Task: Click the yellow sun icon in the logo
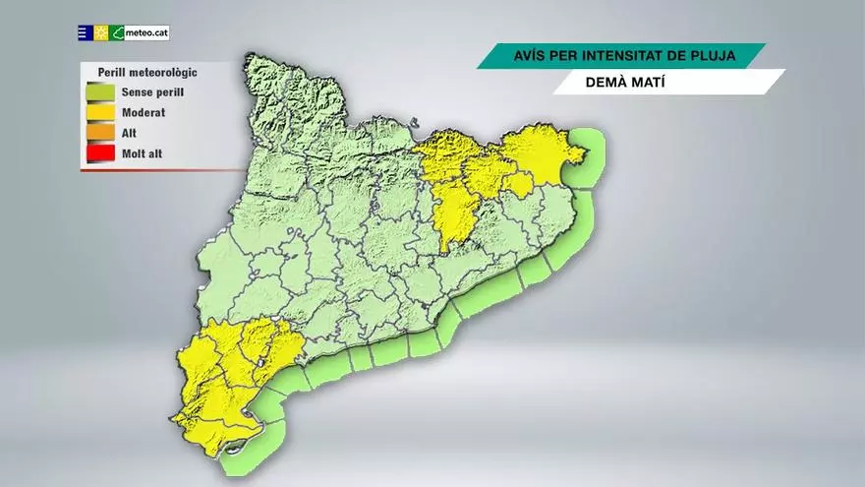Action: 101,32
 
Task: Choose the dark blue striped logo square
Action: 86,32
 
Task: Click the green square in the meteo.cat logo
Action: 117,32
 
